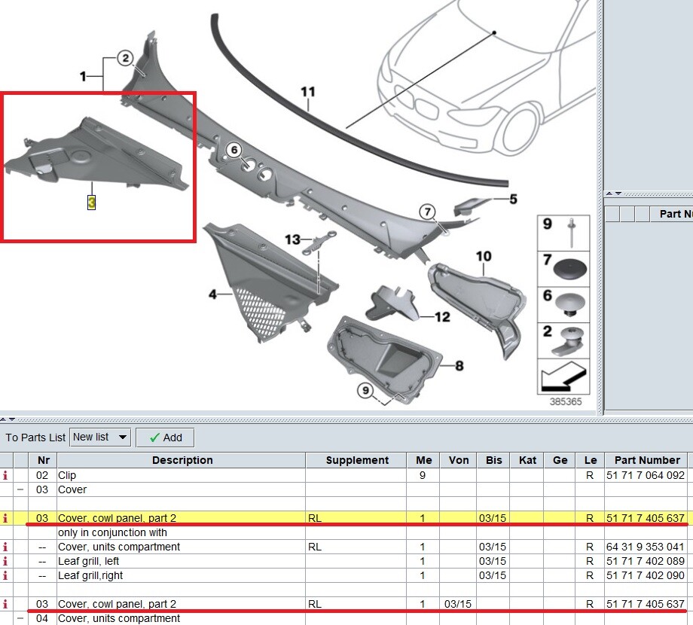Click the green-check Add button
(165, 437)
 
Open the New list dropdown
(100, 437)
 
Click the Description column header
(182, 460)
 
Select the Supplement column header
(357, 460)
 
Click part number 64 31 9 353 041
(645, 547)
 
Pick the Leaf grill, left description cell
(88, 561)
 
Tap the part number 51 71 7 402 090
(645, 575)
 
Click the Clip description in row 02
(67, 475)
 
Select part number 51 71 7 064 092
(645, 475)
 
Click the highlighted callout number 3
(91, 203)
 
